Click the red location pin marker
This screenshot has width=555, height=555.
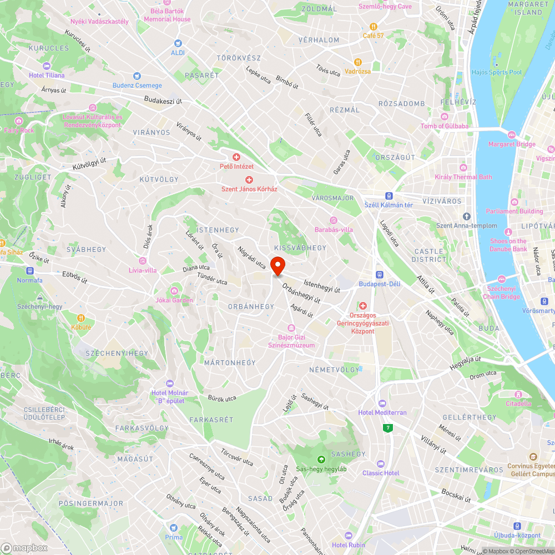click(277, 265)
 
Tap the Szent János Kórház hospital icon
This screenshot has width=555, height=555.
click(249, 179)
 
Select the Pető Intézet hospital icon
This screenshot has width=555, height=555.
click(236, 157)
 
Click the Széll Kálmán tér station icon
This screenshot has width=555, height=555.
click(389, 195)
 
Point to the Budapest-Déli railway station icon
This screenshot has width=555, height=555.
click(380, 274)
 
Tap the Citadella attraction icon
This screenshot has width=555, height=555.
click(518, 394)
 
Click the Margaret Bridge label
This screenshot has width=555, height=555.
click(512, 144)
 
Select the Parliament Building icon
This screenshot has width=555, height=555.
click(514, 202)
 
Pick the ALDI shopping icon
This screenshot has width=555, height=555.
click(178, 43)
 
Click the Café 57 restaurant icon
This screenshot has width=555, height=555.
click(374, 26)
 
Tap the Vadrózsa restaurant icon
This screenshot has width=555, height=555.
click(358, 62)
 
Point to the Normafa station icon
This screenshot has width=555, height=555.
click(29, 271)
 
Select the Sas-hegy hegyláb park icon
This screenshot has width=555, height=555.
click(321, 460)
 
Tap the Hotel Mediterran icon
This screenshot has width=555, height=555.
click(382, 403)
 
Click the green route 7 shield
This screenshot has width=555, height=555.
click(387, 427)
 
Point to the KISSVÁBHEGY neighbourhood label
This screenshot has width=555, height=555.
click(300, 248)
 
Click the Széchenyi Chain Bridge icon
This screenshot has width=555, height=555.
click(502, 279)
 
